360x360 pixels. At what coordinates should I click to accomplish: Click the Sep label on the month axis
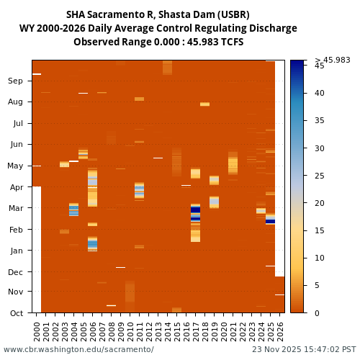(15, 81)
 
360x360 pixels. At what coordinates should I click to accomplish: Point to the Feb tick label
(15, 229)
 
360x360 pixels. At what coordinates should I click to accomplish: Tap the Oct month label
(15, 312)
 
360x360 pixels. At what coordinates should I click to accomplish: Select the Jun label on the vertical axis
(15, 145)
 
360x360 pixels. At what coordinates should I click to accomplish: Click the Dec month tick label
(15, 272)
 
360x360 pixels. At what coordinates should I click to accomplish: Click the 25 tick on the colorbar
(319, 176)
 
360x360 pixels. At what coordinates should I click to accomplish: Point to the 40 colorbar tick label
(319, 93)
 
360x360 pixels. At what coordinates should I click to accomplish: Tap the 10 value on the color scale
(319, 258)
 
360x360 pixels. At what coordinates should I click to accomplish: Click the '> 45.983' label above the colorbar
(333, 60)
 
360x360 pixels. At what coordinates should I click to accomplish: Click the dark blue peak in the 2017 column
(196, 210)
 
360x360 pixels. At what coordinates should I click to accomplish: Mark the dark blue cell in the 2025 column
(271, 221)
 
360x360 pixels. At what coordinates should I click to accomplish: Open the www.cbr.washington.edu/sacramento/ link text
(78, 349)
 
